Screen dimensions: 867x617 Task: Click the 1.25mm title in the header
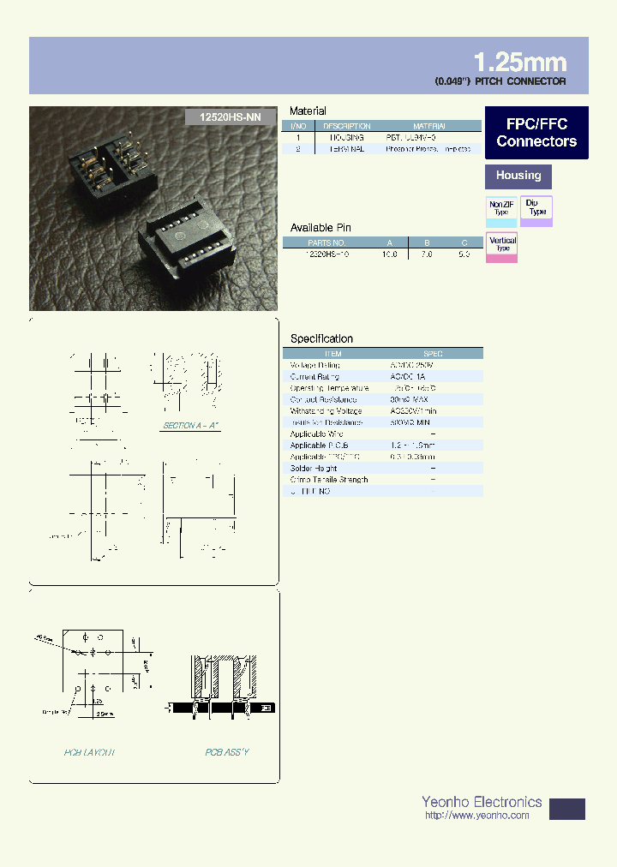pyautogui.click(x=519, y=62)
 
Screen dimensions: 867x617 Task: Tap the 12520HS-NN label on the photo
pyautogui.click(x=229, y=120)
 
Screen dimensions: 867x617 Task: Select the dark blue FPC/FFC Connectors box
pyautogui.click(x=536, y=133)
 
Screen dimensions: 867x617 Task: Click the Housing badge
pyautogui.click(x=518, y=176)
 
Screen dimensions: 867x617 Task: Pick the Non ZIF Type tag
pyautogui.click(x=501, y=208)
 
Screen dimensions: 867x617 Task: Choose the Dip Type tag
pyautogui.click(x=536, y=208)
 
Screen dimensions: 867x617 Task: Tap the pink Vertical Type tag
pyautogui.click(x=502, y=245)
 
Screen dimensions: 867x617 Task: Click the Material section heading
pyautogui.click(x=308, y=111)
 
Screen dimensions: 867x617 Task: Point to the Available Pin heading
pyautogui.click(x=320, y=228)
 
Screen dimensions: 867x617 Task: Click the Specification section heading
pyautogui.click(x=321, y=338)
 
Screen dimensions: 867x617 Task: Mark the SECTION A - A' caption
pyautogui.click(x=191, y=426)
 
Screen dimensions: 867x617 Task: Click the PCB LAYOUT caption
pyautogui.click(x=90, y=752)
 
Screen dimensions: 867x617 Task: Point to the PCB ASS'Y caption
pyautogui.click(x=227, y=752)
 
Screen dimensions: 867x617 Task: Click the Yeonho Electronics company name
pyautogui.click(x=482, y=802)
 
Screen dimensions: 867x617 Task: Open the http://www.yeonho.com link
pyautogui.click(x=476, y=816)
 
